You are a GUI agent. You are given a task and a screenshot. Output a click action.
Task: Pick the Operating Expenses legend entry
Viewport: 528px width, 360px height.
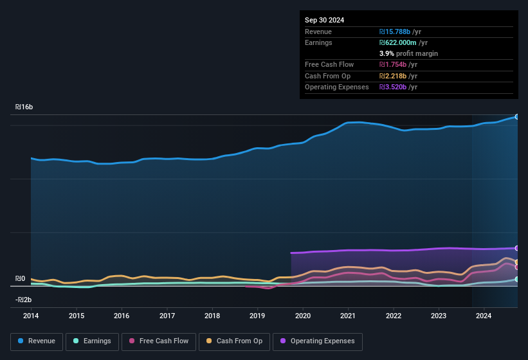coord(318,341)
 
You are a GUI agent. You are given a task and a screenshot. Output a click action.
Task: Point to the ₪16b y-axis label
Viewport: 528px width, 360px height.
coord(24,107)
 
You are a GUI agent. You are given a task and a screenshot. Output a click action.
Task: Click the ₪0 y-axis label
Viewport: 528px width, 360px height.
coord(21,279)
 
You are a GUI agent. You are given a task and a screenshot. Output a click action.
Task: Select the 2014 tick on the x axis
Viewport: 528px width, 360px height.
coord(31,316)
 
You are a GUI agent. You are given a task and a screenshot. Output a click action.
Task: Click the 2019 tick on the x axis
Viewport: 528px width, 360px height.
coord(257,316)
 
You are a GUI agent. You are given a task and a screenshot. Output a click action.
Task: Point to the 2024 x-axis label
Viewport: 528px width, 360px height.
coord(484,316)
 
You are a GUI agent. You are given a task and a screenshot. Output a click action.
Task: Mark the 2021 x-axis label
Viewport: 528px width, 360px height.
coord(348,316)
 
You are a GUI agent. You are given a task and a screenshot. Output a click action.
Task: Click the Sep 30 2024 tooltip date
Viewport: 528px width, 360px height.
coord(324,20)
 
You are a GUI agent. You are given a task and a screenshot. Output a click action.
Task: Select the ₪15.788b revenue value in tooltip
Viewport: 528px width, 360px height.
coord(400,32)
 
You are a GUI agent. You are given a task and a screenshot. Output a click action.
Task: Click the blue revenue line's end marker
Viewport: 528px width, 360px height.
coord(517,116)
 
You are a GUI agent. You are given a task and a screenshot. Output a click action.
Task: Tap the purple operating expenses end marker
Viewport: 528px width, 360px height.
coord(517,248)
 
